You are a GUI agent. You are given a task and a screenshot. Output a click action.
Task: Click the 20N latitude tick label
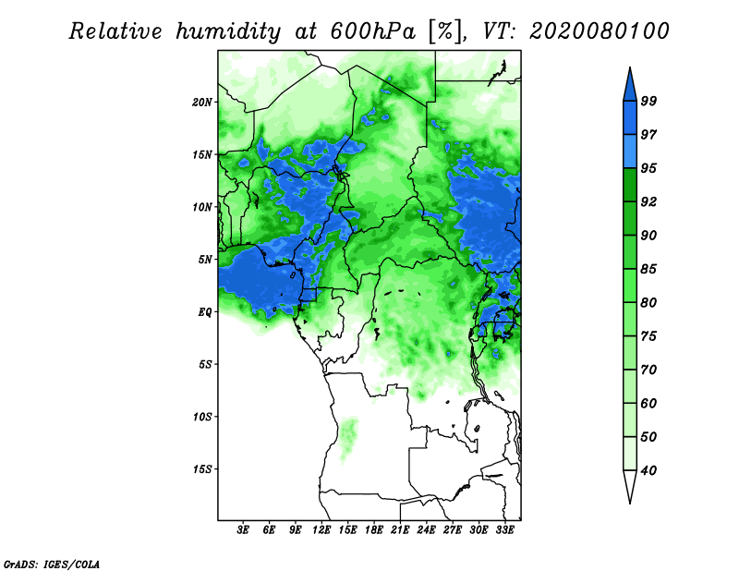pos(202,103)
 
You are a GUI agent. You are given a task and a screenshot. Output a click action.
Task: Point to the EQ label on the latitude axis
pos(205,312)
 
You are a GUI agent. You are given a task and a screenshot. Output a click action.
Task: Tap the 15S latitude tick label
pos(202,469)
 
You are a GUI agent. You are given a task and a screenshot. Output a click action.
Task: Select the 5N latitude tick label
pos(205,260)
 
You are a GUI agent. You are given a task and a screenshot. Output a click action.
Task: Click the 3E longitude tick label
pos(243,530)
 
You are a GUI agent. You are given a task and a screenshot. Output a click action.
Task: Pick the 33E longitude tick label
pos(504,530)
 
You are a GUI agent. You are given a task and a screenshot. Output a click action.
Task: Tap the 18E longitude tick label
pos(374,530)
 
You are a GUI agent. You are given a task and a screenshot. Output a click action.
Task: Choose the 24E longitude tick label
pos(426,530)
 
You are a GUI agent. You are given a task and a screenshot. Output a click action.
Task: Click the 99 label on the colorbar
pos(648,101)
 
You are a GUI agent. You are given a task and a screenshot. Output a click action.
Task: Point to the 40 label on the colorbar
pos(648,470)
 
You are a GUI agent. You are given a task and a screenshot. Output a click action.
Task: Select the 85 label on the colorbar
pos(648,269)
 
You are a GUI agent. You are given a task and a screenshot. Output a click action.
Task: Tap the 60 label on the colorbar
pos(648,403)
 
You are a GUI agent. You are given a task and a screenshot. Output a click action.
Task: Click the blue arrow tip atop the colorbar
pos(630,67)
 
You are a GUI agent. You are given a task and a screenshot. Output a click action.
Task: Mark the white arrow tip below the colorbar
pos(630,504)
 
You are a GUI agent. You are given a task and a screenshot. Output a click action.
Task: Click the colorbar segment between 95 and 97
pos(630,152)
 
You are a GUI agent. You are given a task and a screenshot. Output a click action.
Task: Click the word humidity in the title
pos(228,32)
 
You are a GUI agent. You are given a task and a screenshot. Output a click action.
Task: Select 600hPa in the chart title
pos(373,31)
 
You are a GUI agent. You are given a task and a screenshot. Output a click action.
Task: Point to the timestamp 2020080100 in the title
pos(599,31)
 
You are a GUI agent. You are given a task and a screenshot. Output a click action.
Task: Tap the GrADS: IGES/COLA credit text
pos(52,565)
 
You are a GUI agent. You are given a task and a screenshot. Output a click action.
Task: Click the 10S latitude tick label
pos(202,417)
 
